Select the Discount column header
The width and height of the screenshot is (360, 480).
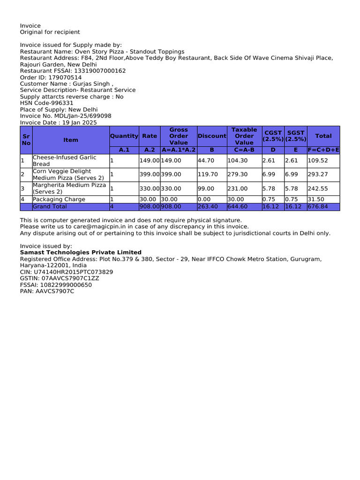click(212, 136)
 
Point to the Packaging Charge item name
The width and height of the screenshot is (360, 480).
click(59, 199)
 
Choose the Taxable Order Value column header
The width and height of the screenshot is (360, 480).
click(244, 136)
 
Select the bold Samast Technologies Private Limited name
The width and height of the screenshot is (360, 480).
click(80, 252)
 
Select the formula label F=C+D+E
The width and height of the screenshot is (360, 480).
click(323, 150)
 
